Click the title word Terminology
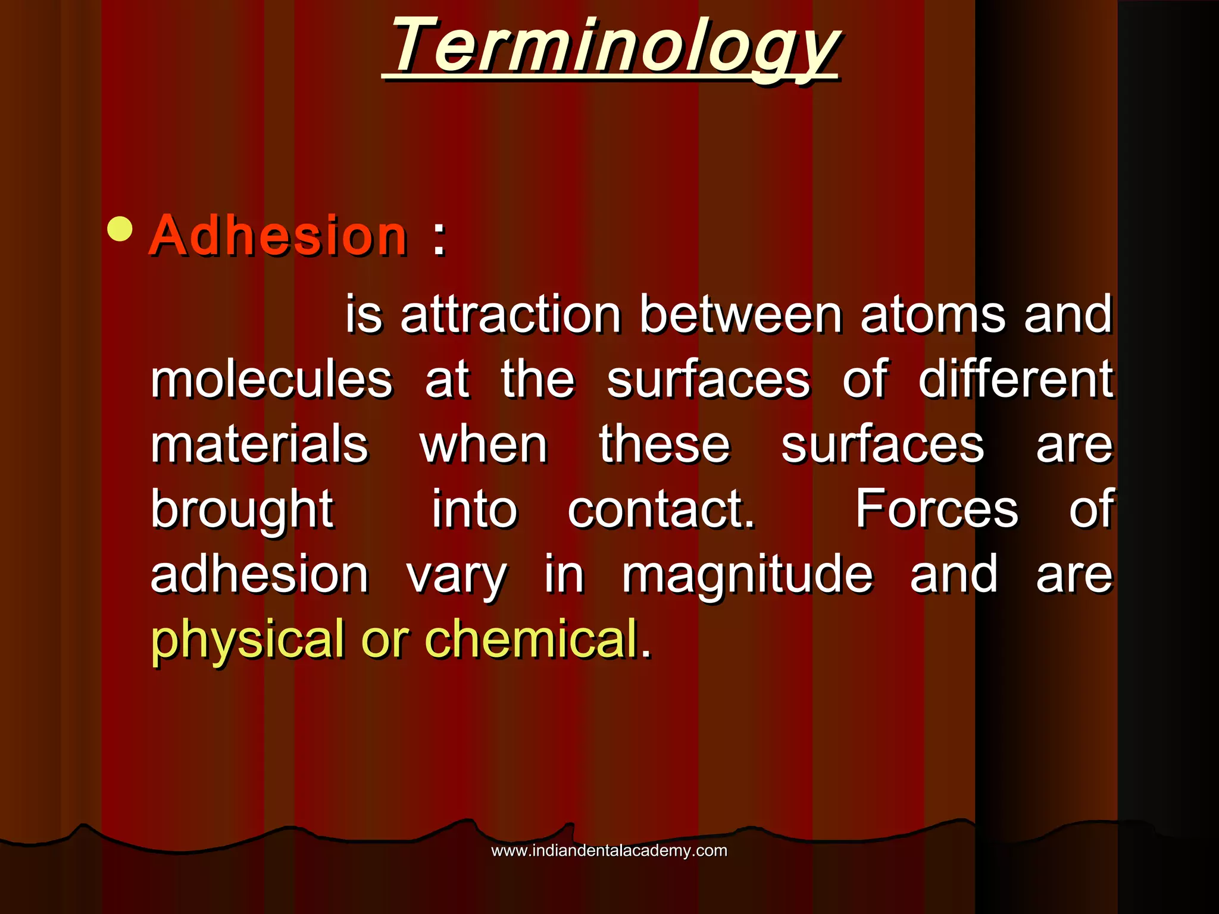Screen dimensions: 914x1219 [613, 46]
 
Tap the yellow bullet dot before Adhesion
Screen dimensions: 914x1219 [120, 229]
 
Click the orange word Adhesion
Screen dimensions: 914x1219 [278, 236]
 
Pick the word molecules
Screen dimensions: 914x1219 [271, 379]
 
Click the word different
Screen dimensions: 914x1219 [1015, 379]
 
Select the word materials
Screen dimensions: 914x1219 [260, 445]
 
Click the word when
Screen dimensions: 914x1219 [483, 445]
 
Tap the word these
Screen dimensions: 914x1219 [664, 445]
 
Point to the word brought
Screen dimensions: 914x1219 [242, 511]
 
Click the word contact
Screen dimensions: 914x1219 [661, 509]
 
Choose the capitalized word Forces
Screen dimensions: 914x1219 [937, 509]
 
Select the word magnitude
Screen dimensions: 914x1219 [748, 575]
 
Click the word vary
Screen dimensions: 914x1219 [457, 576]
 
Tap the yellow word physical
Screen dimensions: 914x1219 [248, 640]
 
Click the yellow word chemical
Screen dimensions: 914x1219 [531, 638]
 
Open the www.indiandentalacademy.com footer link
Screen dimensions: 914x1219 [609, 850]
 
